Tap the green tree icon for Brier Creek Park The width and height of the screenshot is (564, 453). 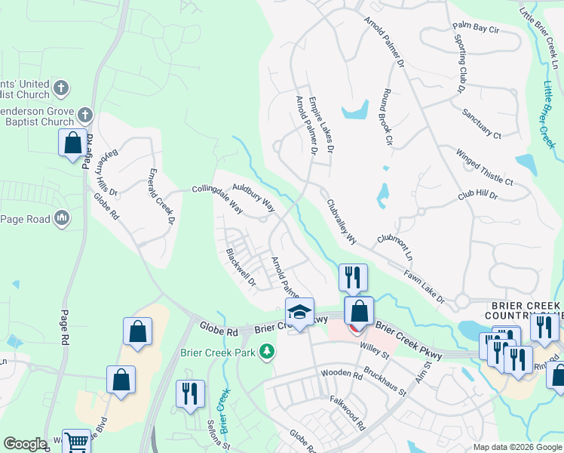pos(265,351)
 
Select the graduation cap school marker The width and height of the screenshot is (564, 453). pos(299,313)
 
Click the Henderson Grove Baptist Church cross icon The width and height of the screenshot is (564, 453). pos(84,116)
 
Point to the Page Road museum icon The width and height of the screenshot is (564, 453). pos(62,219)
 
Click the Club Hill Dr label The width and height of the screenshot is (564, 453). pos(478,196)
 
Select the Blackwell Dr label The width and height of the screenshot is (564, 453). pos(241,268)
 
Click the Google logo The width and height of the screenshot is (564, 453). pos(25,444)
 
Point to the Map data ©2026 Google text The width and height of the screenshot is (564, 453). pos(516,447)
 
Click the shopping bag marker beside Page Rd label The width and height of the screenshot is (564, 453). pos(72,143)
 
